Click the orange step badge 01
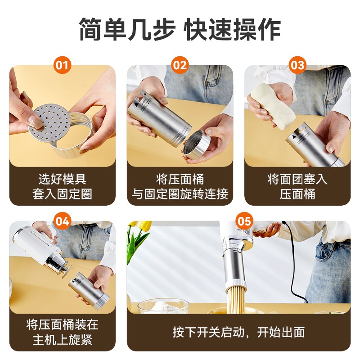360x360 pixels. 63,66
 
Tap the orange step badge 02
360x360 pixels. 180,66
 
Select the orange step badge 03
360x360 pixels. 297,66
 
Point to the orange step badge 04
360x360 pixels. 63,221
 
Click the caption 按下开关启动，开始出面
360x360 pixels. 238,333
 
